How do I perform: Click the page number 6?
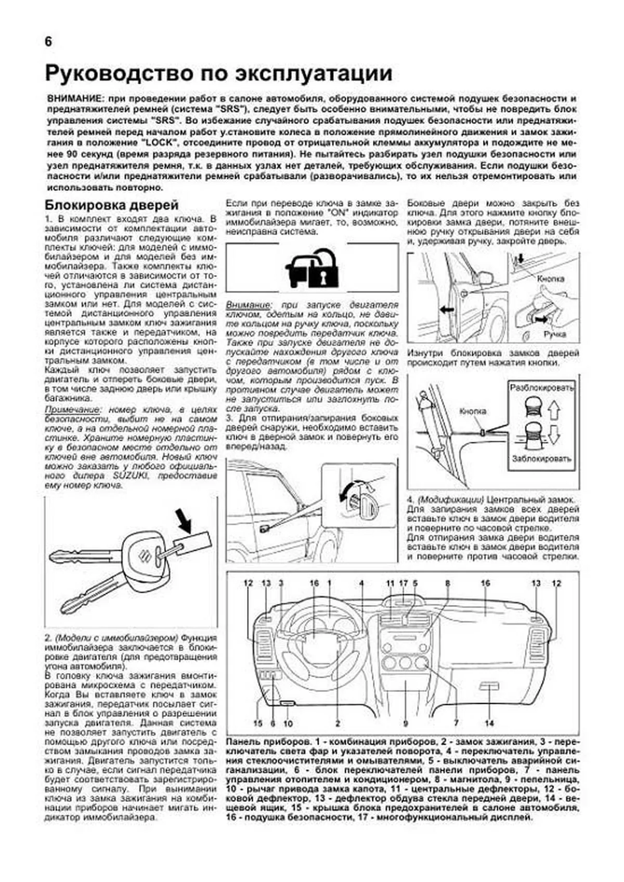click(x=48, y=42)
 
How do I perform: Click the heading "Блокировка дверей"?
click(x=112, y=205)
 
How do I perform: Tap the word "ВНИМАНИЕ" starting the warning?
click(x=71, y=98)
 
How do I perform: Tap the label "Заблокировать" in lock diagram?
click(x=541, y=458)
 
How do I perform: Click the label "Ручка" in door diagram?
click(x=554, y=334)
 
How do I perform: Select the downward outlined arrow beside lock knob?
click(x=554, y=433)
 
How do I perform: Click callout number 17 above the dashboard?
click(x=404, y=583)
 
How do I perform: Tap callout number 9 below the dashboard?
click(x=405, y=723)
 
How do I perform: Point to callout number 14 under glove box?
click(x=489, y=723)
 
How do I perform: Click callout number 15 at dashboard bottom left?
click(x=258, y=723)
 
